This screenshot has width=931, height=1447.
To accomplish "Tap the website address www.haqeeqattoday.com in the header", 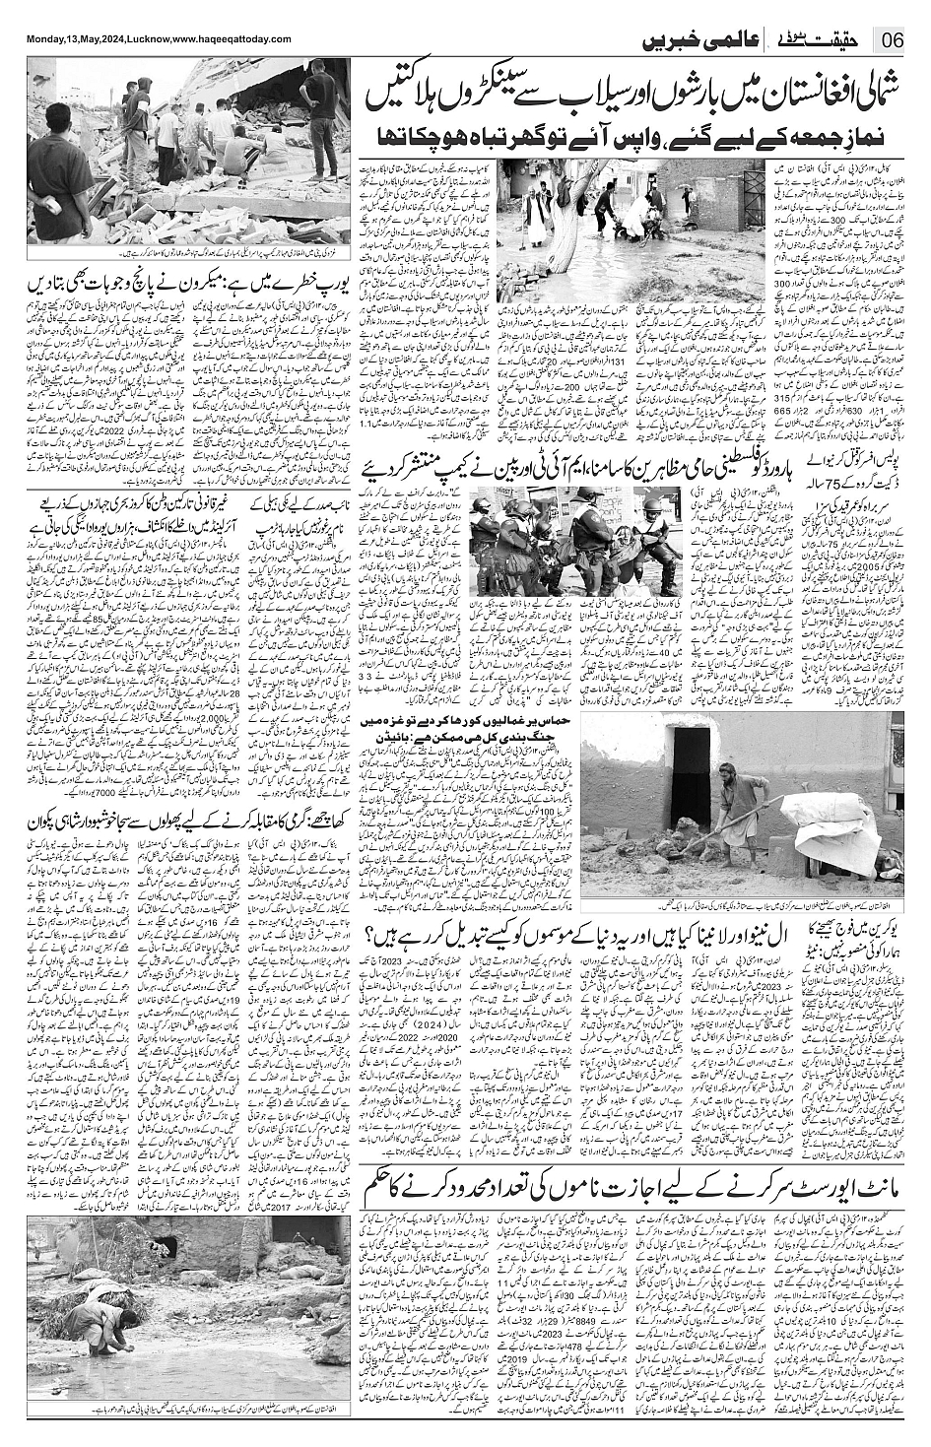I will coord(233,38).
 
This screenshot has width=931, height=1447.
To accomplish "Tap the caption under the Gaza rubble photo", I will coord(183,254).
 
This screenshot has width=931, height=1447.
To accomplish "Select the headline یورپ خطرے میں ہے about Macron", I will coord(183,289).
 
